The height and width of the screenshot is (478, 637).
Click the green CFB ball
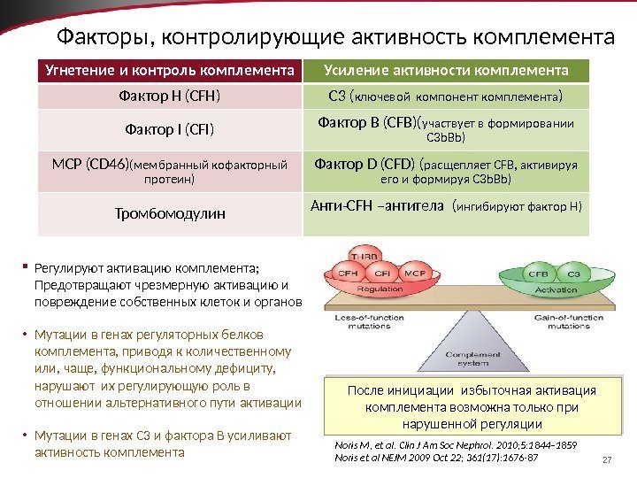pyautogui.click(x=537, y=274)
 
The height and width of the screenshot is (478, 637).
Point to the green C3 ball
pyautogui.click(x=572, y=274)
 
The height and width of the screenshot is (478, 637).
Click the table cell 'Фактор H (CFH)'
pyautogui.click(x=170, y=95)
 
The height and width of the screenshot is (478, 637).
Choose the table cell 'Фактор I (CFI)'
pyautogui.click(x=170, y=132)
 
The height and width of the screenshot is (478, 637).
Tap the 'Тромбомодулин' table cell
pyautogui.click(x=170, y=213)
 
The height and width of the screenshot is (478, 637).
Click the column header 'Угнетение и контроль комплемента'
pyautogui.click(x=170, y=69)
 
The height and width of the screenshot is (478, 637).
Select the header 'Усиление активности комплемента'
pyautogui.click(x=447, y=69)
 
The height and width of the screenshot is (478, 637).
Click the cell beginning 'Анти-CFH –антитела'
pyautogui.click(x=447, y=207)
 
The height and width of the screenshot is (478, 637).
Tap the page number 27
pyautogui.click(x=607, y=459)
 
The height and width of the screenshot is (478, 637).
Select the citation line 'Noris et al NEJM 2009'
pyautogui.click(x=436, y=459)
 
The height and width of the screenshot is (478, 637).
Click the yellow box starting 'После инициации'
pyautogui.click(x=471, y=406)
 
